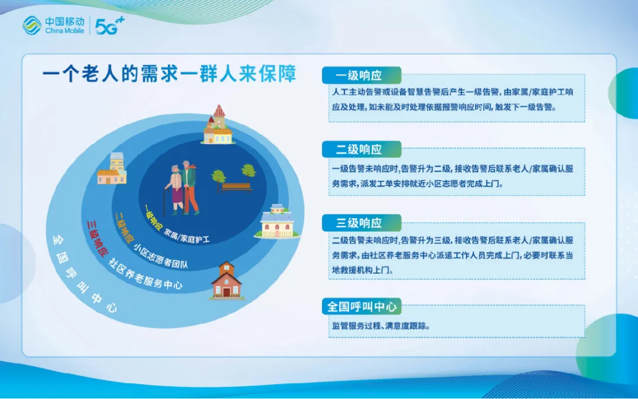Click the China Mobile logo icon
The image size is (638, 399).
[32, 25]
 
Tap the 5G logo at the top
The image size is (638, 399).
[109, 25]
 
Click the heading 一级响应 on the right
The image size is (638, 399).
[359, 75]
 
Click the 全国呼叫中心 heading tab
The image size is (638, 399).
[362, 306]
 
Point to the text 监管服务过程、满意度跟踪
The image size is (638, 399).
[381, 326]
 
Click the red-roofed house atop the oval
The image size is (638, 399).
[218, 125]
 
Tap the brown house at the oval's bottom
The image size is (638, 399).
[226, 280]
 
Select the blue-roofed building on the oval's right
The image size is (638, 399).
[276, 221]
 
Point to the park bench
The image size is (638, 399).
[236, 187]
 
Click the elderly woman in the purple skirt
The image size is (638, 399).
[175, 190]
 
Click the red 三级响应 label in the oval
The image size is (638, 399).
[97, 239]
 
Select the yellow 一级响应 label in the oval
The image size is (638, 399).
[154, 217]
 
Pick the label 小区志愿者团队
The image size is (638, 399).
[161, 256]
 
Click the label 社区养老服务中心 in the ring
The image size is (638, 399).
[145, 274]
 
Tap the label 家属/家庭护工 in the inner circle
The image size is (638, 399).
[187, 236]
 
